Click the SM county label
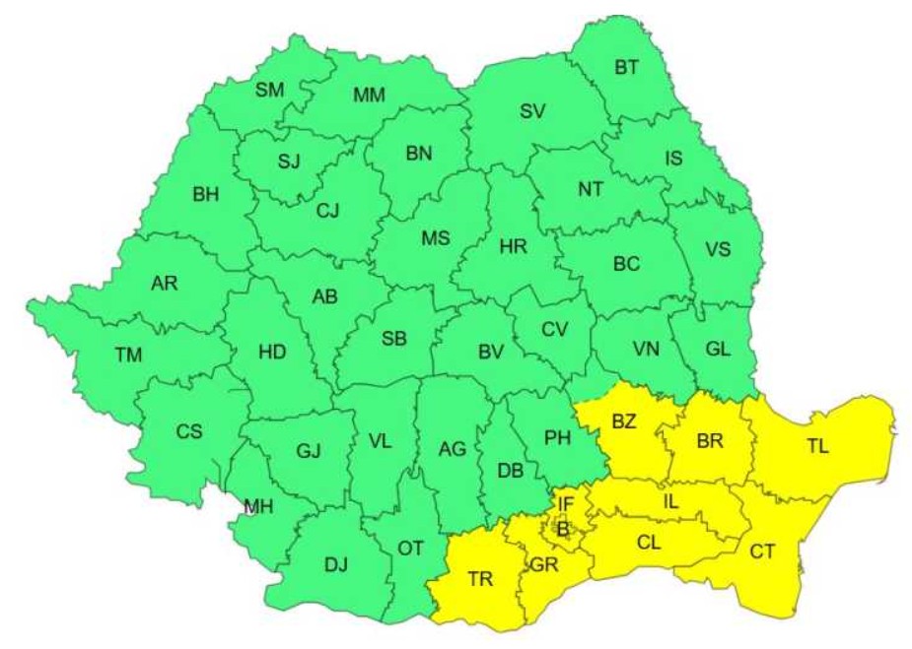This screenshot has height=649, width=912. [269, 91]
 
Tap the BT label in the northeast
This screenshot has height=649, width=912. [625, 68]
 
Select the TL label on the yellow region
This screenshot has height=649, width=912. [817, 445]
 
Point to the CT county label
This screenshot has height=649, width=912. [761, 552]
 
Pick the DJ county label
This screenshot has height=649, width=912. [336, 564]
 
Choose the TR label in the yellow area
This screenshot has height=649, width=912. [480, 579]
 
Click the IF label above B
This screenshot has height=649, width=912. [565, 504]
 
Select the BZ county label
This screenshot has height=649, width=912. [624, 422]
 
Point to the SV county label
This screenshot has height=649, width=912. [532, 111]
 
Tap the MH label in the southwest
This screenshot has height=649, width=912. [258, 507]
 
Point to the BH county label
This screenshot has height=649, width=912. [206, 195]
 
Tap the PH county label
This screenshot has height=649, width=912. [558, 439]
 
